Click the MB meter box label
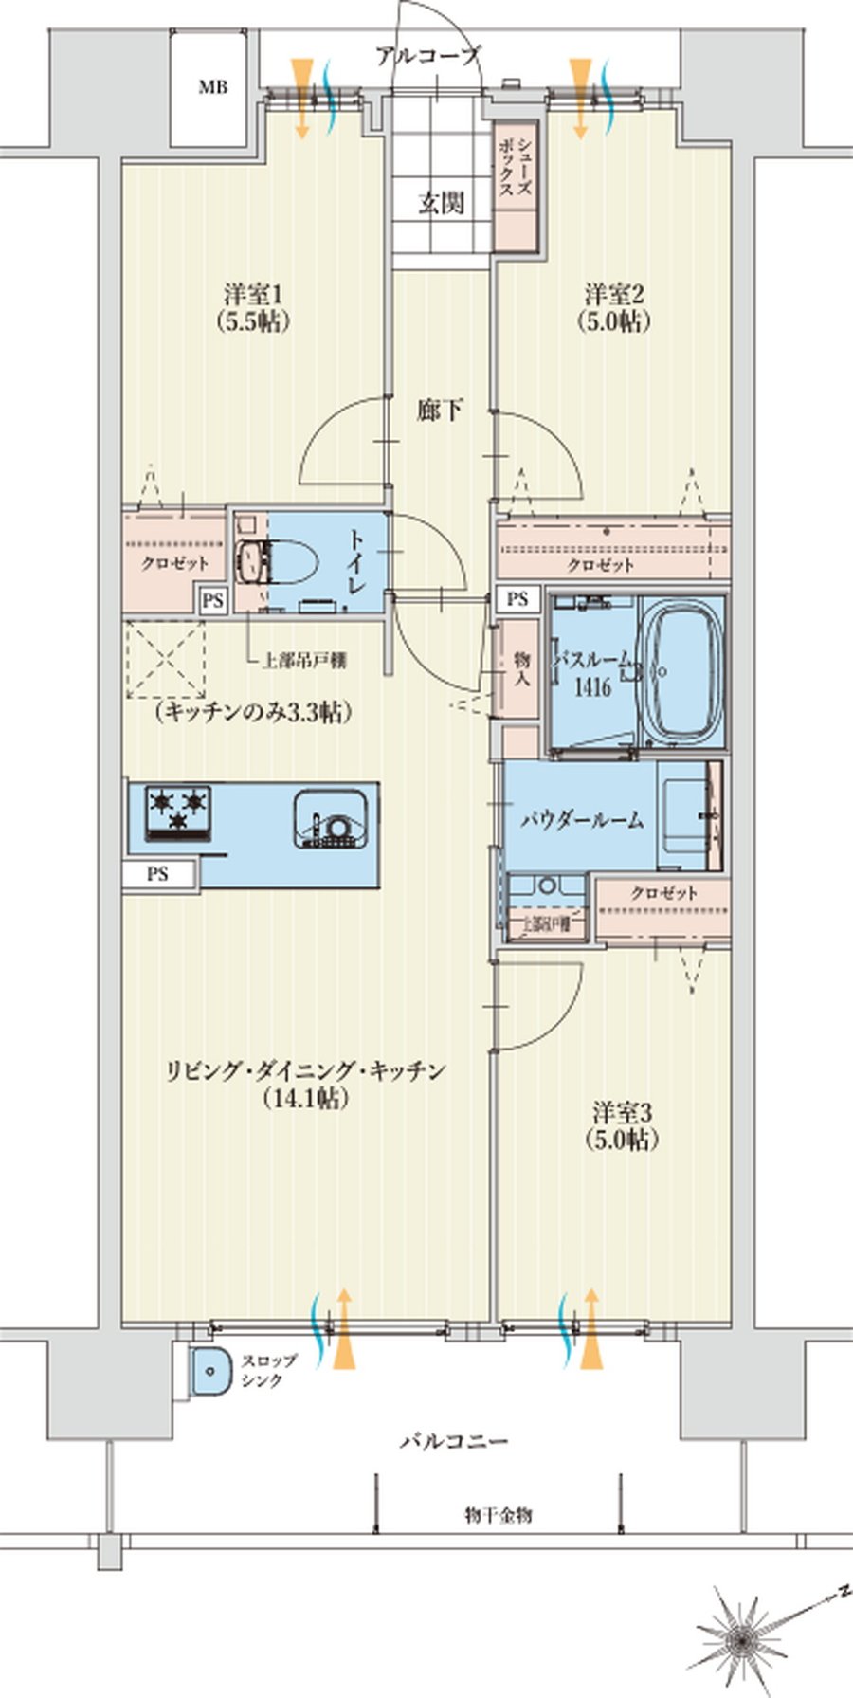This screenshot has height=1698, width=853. coord(212,88)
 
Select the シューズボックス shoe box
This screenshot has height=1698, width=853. coord(517,185)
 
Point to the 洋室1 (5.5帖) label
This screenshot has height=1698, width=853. coord(251,306)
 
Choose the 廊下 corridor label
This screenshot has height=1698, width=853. coord(441,411)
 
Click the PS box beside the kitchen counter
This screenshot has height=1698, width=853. coord(158,874)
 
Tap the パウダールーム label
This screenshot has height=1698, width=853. coord(582,819)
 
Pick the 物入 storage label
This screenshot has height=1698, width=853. coord(520,668)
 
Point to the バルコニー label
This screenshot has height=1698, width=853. coord(453,1441)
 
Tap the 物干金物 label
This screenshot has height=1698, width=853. coord(499,1515)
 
